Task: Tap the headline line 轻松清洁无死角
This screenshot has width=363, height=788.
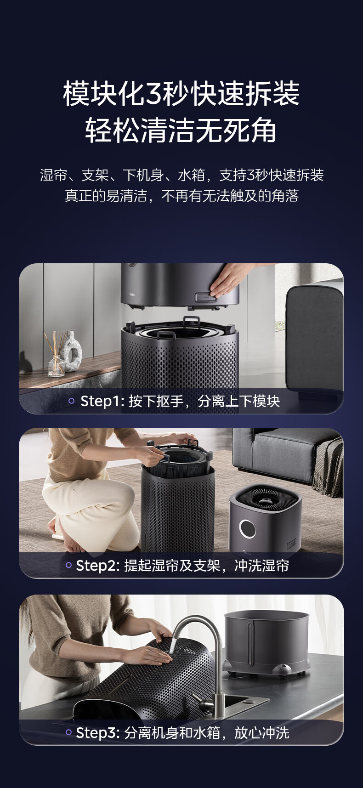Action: coord(181,130)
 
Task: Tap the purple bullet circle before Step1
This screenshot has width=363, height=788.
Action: coord(71,401)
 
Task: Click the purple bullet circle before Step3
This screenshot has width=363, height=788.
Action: coord(69,732)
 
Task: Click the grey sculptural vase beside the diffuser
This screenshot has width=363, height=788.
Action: coord(72,351)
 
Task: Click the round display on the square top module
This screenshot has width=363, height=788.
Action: coord(247,529)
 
